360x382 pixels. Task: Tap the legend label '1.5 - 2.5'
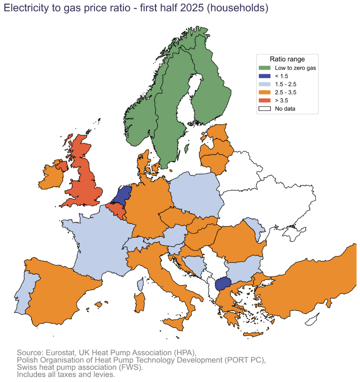pos(285,84)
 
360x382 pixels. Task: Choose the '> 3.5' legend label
pos(281,101)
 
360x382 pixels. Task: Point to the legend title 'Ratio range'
pos(287,59)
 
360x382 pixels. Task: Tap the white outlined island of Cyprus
pos(312,320)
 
